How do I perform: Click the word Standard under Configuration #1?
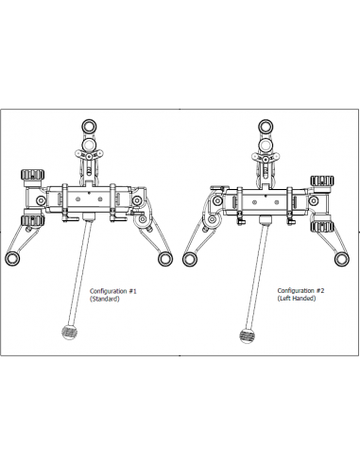point(105,299)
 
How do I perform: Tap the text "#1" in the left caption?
point(132,291)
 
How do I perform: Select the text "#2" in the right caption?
point(320,290)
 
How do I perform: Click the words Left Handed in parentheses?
point(297,299)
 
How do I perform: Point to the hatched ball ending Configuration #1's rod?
point(70,333)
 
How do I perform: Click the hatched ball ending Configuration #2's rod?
point(247,336)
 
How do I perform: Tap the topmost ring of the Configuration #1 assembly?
point(89,127)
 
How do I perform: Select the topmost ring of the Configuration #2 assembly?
point(266,127)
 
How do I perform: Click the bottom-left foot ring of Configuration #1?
point(12,259)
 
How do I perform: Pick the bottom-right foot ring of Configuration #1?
point(165,259)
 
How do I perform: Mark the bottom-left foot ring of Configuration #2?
point(190,259)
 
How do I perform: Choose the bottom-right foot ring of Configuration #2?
point(342,259)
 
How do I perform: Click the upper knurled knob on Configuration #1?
point(32,175)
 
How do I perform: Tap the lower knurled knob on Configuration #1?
point(32,220)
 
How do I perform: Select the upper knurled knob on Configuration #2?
point(322,181)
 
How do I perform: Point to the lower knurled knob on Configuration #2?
point(322,227)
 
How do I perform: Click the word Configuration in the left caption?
point(109,291)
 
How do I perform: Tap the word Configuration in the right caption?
point(296,290)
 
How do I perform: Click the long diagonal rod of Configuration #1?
point(79,273)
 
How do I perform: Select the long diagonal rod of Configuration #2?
point(257,277)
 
